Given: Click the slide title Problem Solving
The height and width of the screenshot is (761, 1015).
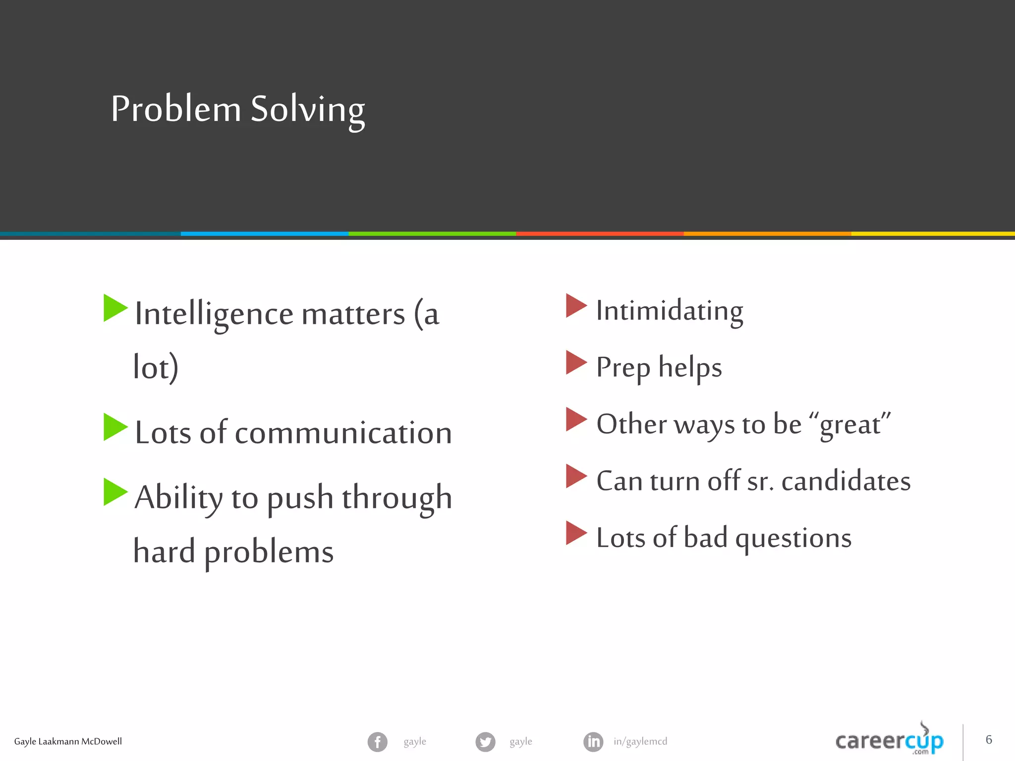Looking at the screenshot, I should pos(238,109).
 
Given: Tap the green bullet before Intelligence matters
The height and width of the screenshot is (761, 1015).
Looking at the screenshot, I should pos(114,308).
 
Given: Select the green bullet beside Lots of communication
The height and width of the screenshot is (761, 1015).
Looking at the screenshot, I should pos(114,427).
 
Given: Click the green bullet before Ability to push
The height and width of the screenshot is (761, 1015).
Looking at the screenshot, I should pos(114,491).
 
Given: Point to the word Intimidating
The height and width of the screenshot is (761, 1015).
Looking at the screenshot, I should pos(669,311).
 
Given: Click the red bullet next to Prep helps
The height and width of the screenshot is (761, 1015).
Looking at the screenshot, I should pos(575,362).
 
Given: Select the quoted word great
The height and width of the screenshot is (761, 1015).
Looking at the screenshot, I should pos(850,425).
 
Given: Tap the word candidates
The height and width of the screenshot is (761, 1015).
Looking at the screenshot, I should pos(846,481).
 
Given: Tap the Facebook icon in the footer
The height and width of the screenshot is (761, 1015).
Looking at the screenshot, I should pos(377,742).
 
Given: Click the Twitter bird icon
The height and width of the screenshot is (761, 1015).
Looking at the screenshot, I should pos(485,742).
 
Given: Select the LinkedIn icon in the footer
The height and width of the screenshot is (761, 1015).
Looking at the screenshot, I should pos(593,742).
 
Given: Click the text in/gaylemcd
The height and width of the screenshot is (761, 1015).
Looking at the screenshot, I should pos(640,741).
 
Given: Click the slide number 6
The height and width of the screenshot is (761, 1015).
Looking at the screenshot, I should pos(988,740).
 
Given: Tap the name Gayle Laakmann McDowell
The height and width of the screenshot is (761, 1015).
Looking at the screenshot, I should pos(68,741).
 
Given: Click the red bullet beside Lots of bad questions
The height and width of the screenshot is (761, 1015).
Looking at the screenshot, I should pos(575,533).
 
